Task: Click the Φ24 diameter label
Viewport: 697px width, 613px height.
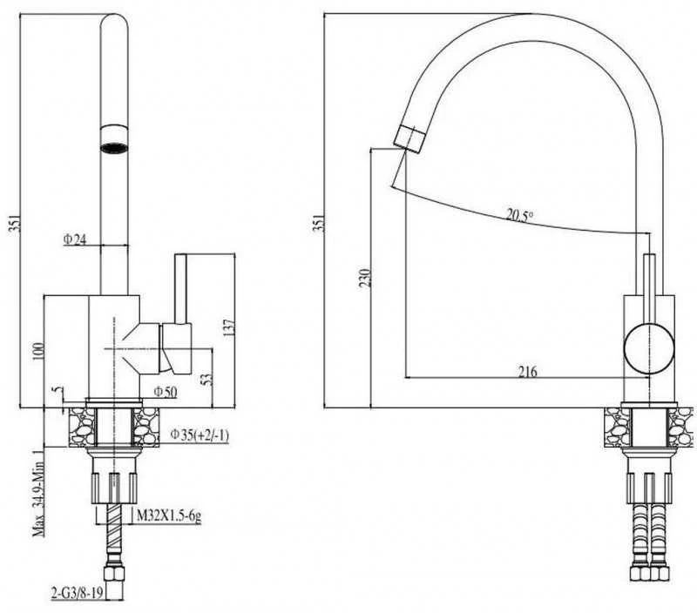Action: point(75,239)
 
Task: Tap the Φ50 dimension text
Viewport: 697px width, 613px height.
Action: point(166,391)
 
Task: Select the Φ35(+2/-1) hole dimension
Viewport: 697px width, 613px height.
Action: point(200,435)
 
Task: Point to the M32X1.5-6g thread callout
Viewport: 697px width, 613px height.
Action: point(168,516)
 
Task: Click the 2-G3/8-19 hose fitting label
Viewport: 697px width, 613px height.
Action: point(78,594)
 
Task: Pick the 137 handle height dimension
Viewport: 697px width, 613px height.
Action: point(229,327)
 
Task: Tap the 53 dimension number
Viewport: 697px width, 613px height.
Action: point(207,379)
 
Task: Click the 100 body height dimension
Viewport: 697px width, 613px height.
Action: point(39,351)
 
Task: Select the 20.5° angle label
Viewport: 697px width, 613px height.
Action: point(519,216)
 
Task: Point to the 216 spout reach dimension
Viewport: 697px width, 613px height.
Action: point(528,371)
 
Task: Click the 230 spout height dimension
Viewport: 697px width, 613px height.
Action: point(364,278)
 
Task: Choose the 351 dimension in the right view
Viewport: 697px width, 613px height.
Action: point(319,223)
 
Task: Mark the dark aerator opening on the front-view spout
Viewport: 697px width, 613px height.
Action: point(114,147)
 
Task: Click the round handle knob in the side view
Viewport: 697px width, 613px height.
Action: point(649,348)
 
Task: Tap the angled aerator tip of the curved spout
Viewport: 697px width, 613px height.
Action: point(408,138)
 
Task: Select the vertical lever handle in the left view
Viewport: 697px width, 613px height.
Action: point(180,289)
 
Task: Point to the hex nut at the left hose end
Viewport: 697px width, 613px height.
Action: point(114,572)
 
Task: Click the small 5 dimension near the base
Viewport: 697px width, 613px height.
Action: point(58,390)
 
